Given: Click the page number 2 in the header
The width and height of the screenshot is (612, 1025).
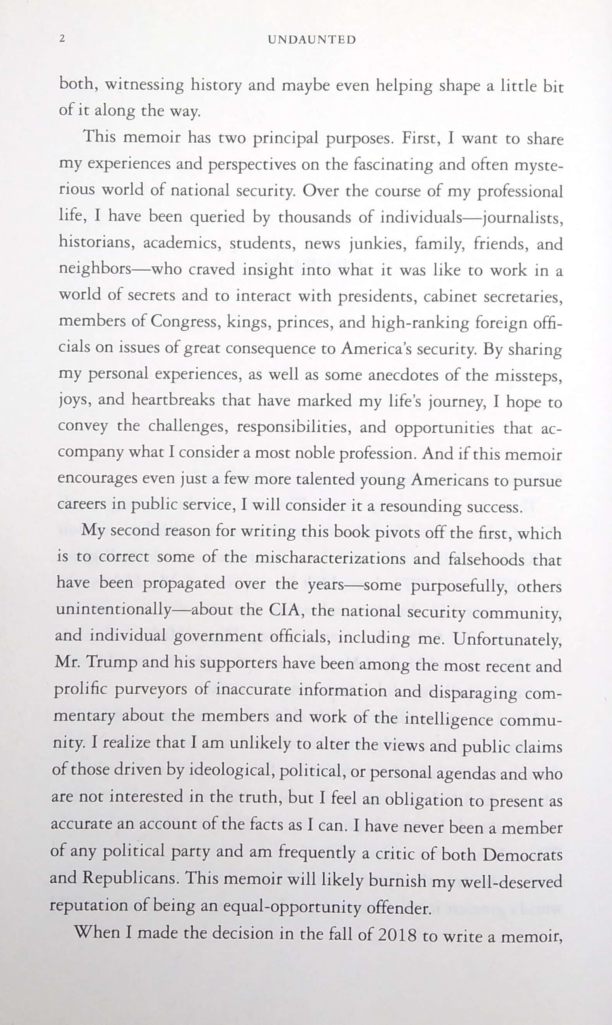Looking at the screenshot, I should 63,39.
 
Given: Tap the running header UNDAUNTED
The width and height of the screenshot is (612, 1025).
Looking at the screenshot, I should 312,40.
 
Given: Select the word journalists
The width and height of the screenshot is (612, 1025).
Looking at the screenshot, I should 523,217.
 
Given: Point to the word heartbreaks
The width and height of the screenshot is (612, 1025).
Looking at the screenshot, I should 174,400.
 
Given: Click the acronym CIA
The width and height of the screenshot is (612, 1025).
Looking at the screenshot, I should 286,610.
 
